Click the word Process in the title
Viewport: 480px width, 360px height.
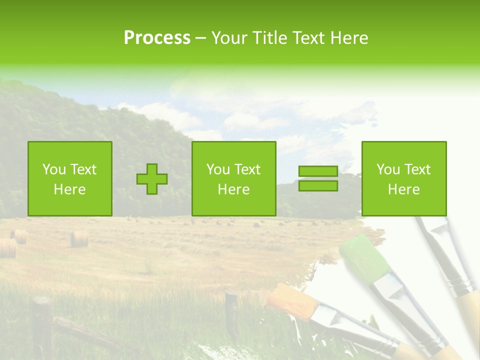157,38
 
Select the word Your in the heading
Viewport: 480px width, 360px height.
229,38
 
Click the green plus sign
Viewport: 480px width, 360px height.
152,179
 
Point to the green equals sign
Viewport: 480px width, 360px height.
318,178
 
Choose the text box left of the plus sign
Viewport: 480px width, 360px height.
70,179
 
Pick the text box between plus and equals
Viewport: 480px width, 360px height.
234,179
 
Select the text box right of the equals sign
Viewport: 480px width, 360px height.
404,179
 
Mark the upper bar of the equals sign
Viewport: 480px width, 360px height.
318,171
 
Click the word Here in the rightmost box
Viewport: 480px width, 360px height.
404,189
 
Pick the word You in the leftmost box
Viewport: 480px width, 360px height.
53,169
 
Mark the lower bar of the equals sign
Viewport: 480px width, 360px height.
318,186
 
